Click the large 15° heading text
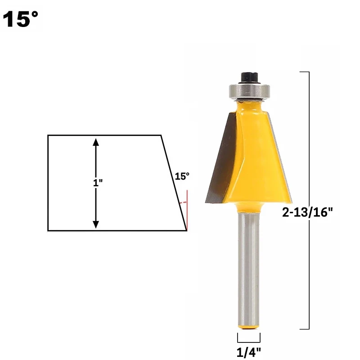coord(21,20)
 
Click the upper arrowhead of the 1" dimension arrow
coord(95,142)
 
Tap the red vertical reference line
coord(187,211)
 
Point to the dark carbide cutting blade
coord(220,162)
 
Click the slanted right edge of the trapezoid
coord(174,182)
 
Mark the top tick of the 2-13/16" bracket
coord(304,72)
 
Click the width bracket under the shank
coord(249,337)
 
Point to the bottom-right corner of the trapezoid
coord(187,230)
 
